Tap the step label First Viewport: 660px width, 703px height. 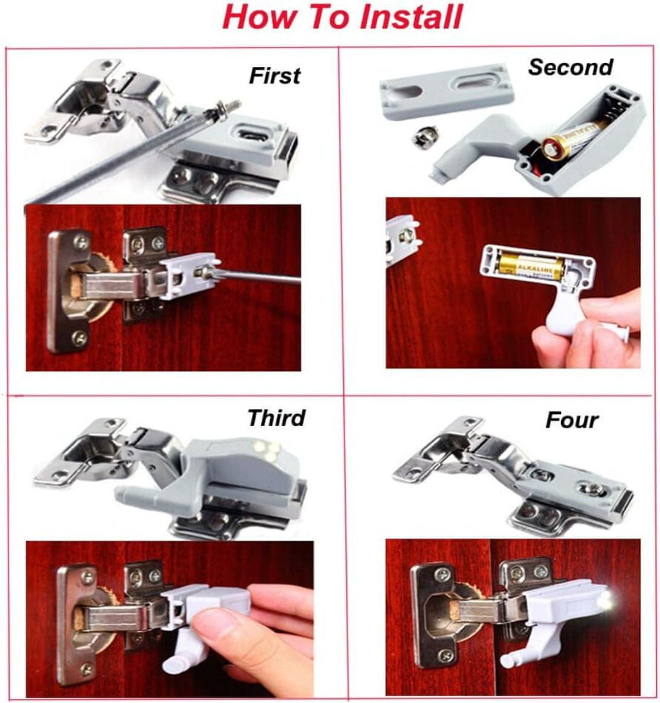click(x=274, y=75)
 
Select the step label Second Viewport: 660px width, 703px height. click(x=571, y=67)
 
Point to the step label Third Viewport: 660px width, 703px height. click(x=276, y=418)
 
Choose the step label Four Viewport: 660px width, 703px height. click(x=572, y=420)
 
